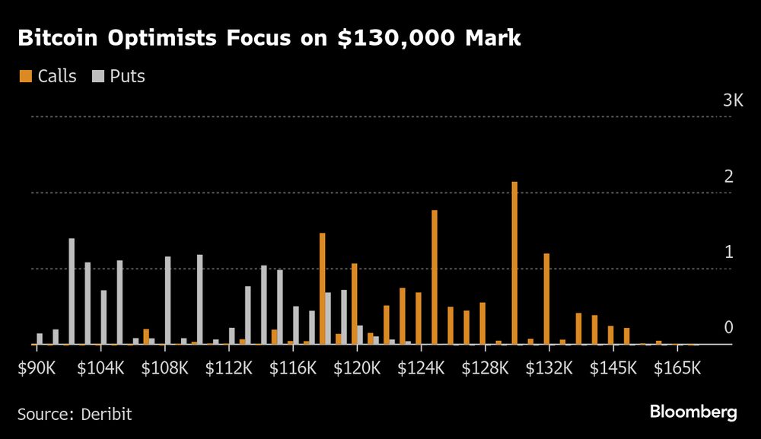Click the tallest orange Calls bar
click(514, 263)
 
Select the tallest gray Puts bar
click(72, 291)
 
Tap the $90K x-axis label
click(36, 368)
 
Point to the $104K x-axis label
click(100, 368)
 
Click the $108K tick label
click(165, 368)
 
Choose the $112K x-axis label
click(229, 368)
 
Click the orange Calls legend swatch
click(25, 76)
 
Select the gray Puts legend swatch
click(98, 76)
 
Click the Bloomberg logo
click(693, 412)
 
